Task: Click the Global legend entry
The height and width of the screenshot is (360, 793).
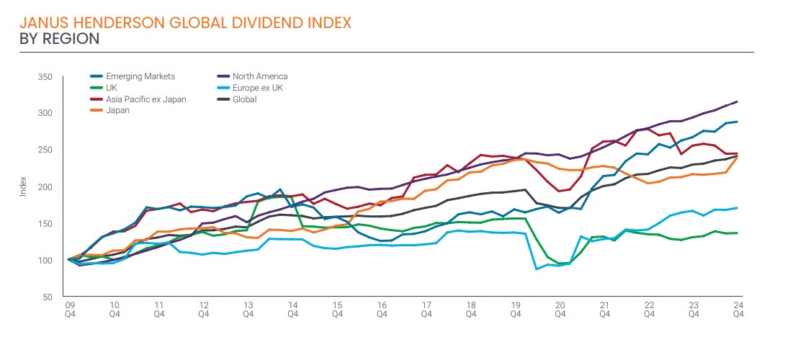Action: point(244,99)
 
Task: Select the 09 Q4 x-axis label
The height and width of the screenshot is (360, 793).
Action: point(69,309)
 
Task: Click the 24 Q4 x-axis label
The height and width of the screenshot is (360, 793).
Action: point(738,309)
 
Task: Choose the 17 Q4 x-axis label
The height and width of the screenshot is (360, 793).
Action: point(426,309)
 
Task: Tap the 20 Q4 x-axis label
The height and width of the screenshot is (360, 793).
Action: point(560,309)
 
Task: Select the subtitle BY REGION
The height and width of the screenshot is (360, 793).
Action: point(60,39)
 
